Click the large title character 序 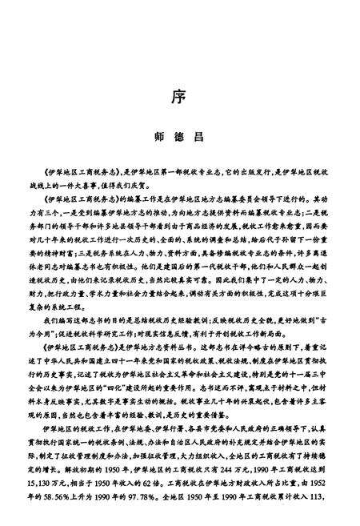(179, 96)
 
